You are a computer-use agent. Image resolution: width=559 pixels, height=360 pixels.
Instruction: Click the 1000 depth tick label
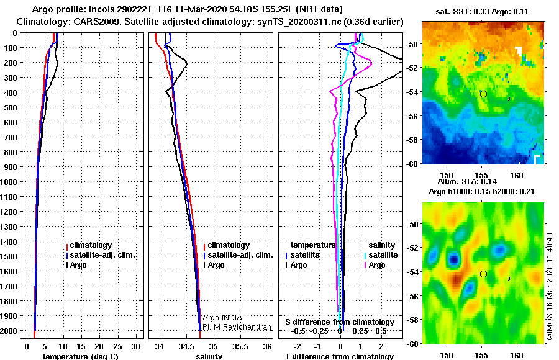9,182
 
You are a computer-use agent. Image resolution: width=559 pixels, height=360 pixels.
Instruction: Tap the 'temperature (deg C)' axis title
80,356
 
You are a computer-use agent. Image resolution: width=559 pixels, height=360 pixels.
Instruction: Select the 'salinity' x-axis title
209,356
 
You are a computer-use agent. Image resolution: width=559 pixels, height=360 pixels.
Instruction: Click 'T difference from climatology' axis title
339,356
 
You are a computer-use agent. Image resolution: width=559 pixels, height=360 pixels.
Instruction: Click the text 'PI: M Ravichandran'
237,327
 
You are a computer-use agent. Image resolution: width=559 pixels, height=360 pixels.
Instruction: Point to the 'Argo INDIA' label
222,318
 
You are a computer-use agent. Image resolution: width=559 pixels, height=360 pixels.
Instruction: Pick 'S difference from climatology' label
340,322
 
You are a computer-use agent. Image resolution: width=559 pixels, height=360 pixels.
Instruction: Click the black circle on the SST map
483,94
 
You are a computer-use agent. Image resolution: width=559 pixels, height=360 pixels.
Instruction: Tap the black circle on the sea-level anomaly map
483,274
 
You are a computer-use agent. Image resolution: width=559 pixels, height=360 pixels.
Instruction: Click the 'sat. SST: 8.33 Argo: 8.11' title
482,12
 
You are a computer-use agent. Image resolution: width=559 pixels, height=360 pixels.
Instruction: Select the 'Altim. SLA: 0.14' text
467,182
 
